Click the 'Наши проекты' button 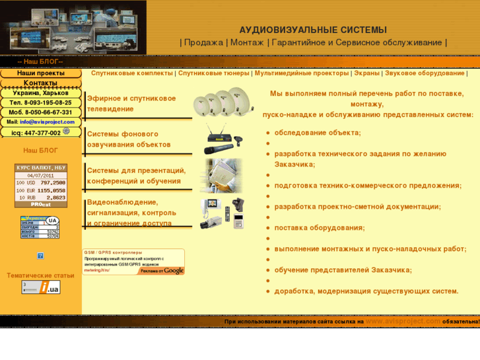pyautogui.click(x=40, y=73)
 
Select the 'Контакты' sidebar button pyautogui.click(x=40, y=83)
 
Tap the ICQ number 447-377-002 pyautogui.click(x=41, y=133)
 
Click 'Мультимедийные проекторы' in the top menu pyautogui.click(x=301, y=73)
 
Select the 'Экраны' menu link pyautogui.click(x=366, y=73)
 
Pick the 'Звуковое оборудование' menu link pyautogui.click(x=425, y=73)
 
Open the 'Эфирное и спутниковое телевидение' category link pyautogui.click(x=131, y=103)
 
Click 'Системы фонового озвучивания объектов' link pyautogui.click(x=129, y=139)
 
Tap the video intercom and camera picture pyautogui.click(x=223, y=213)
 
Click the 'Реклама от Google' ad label pyautogui.click(x=162, y=270)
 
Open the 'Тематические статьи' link pyautogui.click(x=40, y=275)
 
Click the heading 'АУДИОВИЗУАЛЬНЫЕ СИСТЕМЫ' pyautogui.click(x=312, y=30)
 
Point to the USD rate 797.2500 pyautogui.click(x=51, y=182)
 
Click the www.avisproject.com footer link pyautogui.click(x=403, y=321)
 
